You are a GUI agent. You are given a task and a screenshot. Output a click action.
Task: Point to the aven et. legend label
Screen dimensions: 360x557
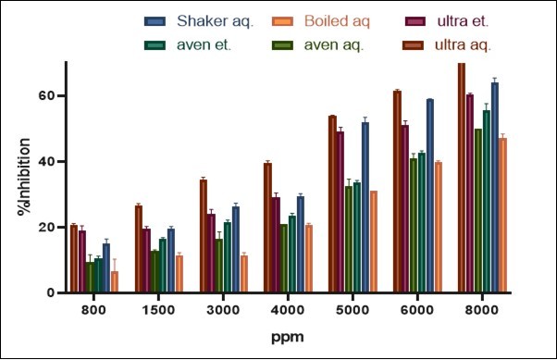pyautogui.click(x=206, y=43)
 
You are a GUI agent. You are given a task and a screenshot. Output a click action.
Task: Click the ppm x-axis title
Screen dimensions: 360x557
pyautogui.click(x=287, y=339)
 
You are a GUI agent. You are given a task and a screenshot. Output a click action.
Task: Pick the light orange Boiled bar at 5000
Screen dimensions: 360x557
pyautogui.click(x=374, y=242)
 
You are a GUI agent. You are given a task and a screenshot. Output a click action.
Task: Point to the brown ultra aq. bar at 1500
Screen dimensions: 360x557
pyautogui.click(x=138, y=249)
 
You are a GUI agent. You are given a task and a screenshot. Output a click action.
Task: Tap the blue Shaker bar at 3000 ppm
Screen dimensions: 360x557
pyautogui.click(x=236, y=250)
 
